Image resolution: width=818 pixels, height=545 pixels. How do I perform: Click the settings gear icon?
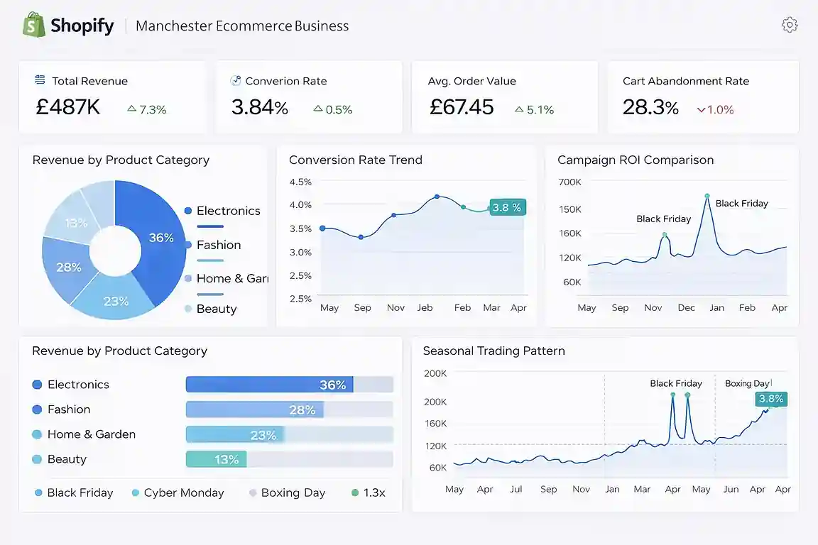(x=789, y=25)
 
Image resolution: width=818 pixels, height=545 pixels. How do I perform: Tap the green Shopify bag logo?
(x=33, y=26)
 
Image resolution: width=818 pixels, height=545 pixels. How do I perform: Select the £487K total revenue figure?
(x=68, y=107)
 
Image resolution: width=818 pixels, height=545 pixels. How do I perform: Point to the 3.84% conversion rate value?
(x=259, y=107)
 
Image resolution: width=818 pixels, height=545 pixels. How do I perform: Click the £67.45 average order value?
(x=462, y=107)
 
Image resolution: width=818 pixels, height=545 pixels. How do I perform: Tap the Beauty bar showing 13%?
(x=216, y=459)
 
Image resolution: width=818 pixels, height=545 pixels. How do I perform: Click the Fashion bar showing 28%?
(x=254, y=409)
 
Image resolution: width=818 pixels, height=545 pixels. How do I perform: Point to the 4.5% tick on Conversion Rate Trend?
(x=300, y=182)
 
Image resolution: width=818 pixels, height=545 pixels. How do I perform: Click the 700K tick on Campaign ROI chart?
(x=570, y=182)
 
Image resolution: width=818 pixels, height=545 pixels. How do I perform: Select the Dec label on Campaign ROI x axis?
(x=686, y=308)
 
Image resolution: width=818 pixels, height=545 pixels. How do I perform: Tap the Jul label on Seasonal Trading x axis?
(x=516, y=489)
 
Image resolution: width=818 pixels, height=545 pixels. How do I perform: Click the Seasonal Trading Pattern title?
(x=493, y=351)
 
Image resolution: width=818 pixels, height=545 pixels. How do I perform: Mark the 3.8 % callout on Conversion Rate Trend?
(x=507, y=207)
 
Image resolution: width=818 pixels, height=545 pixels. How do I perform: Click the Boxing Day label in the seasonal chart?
(x=746, y=383)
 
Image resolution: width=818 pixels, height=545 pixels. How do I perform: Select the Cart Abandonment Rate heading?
(x=685, y=81)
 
